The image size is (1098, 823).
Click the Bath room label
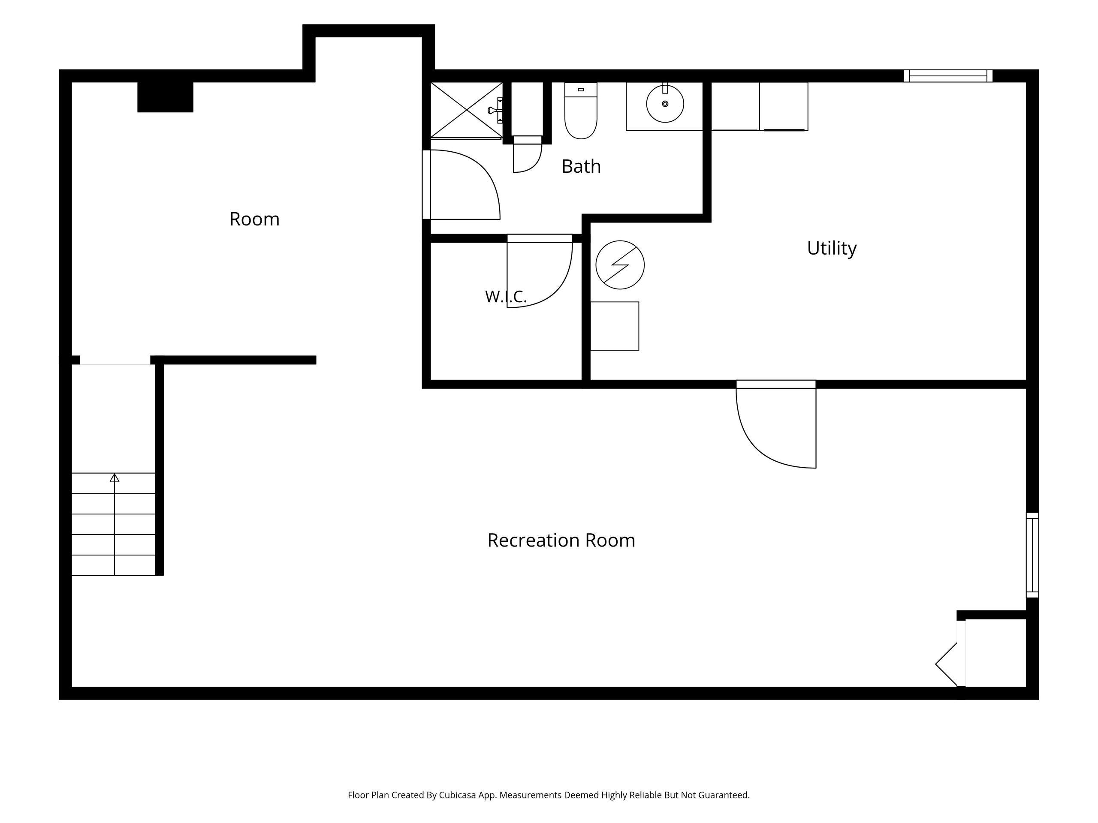(581, 167)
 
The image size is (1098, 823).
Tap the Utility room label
(832, 248)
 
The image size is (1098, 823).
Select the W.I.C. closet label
(505, 297)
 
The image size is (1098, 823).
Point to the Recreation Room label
(561, 540)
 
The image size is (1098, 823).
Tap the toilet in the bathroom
(581, 111)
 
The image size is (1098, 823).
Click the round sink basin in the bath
(665, 104)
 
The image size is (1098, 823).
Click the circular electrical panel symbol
(619, 265)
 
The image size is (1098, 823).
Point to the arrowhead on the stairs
(115, 478)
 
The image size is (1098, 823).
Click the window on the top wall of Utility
(947, 76)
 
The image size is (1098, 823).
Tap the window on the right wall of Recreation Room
(1032, 555)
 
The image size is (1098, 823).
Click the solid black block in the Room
(165, 97)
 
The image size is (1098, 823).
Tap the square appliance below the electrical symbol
(615, 326)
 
